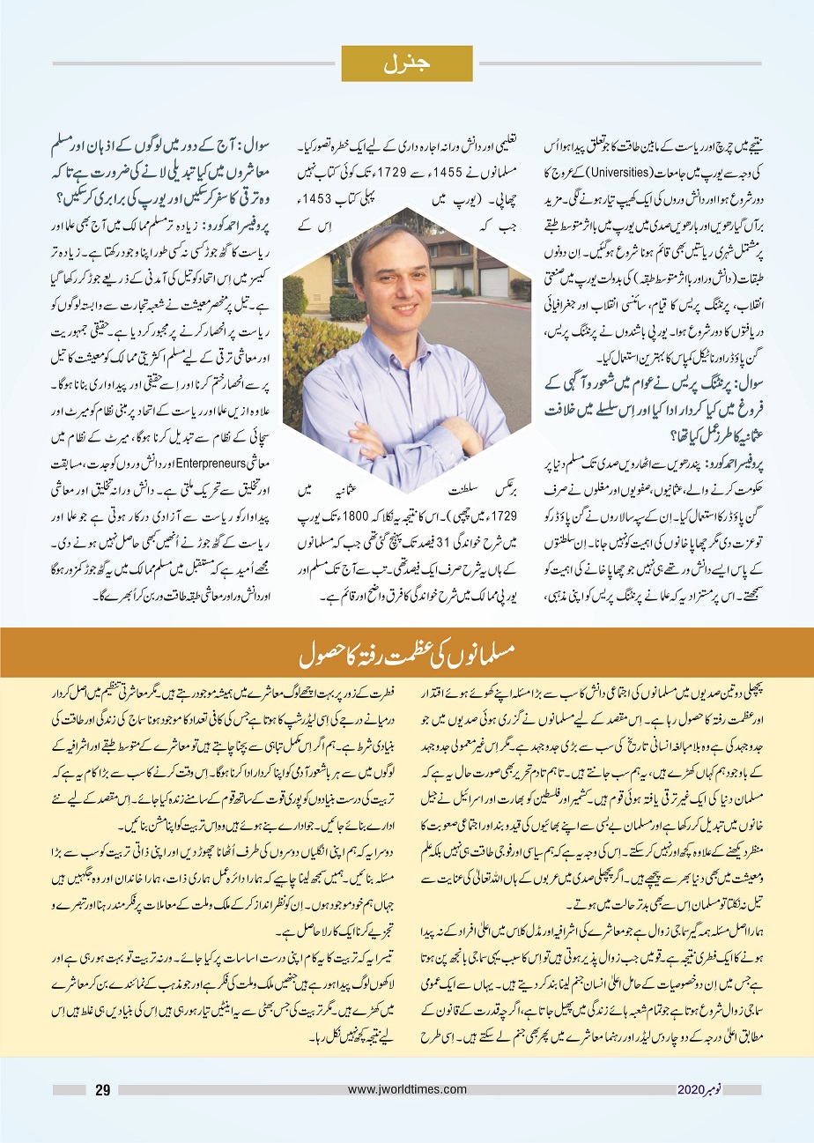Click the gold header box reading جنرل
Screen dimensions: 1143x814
[x=407, y=63]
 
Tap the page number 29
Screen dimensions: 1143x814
[x=102, y=1090]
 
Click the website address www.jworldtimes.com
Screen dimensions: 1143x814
[x=408, y=1089]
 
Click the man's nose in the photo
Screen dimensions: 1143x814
[x=392, y=287]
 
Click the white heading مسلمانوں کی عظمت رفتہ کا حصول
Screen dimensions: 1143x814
[x=407, y=658]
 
